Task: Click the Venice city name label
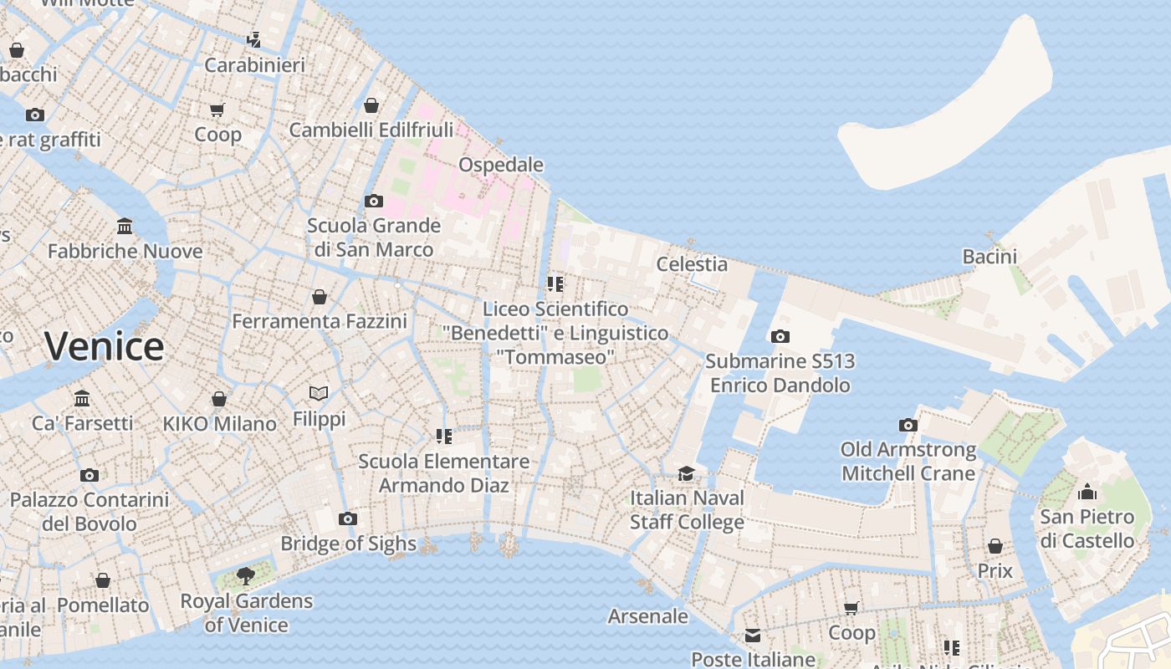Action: tap(105, 346)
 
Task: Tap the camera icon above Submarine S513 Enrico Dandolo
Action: tap(780, 337)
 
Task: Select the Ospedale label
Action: tap(501, 165)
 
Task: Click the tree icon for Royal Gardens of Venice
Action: tap(245, 575)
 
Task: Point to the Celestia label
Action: tap(692, 264)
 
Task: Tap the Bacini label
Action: tap(989, 257)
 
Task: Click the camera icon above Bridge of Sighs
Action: tap(348, 519)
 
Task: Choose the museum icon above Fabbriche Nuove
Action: tap(125, 226)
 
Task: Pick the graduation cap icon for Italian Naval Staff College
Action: tap(687, 473)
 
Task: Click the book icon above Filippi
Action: tap(319, 393)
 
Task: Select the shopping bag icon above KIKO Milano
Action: tap(219, 399)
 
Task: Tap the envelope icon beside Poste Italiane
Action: tap(753, 636)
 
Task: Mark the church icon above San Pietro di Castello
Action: tap(1087, 492)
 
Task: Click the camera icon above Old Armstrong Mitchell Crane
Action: tap(908, 426)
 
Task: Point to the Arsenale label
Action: tap(648, 617)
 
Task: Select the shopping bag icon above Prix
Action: tap(995, 546)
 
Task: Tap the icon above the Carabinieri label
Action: tap(254, 39)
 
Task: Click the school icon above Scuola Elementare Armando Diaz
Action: tap(444, 437)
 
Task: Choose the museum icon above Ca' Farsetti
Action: tap(82, 398)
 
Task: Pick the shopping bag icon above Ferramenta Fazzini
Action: tap(320, 297)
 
